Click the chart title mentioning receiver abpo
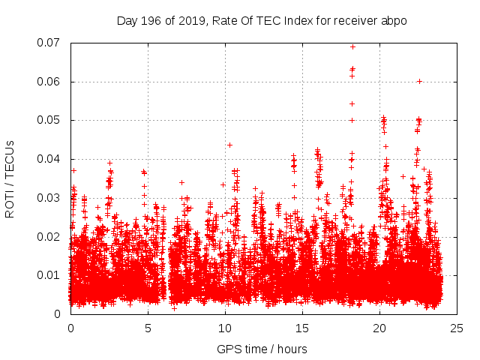pyautogui.click(x=262, y=20)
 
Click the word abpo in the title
pyautogui.click(x=394, y=20)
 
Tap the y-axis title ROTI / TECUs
pyautogui.click(x=10, y=178)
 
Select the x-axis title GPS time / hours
pyautogui.click(x=262, y=349)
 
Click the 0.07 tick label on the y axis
pyautogui.click(x=50, y=43)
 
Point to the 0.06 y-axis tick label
pyautogui.click(x=50, y=82)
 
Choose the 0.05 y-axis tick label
pyautogui.click(x=50, y=120)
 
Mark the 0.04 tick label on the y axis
pyautogui.click(x=50, y=159)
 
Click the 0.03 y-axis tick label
pyautogui.click(x=50, y=198)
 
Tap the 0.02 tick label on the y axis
pyautogui.click(x=50, y=236)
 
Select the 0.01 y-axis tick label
pyautogui.click(x=50, y=275)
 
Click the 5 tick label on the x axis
pyautogui.click(x=148, y=328)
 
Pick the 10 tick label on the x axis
pyautogui.click(x=225, y=328)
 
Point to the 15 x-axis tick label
pyautogui.click(x=302, y=328)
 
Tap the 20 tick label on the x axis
pyautogui.click(x=379, y=328)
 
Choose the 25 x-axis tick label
pyautogui.click(x=457, y=328)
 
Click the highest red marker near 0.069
pyautogui.click(x=352, y=46)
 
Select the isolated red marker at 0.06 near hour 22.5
pyautogui.click(x=419, y=81)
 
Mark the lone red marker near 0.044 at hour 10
pyautogui.click(x=229, y=145)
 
